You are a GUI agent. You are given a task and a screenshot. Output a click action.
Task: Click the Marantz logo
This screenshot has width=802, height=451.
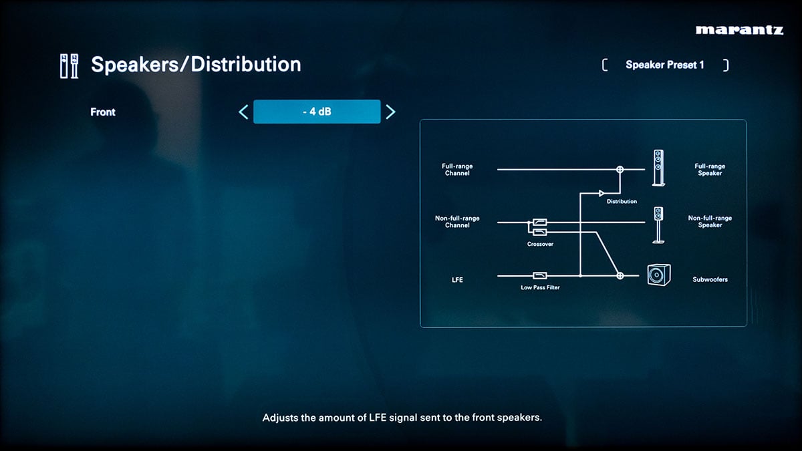coord(739,30)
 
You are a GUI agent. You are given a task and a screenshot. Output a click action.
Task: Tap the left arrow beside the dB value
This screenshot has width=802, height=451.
coord(243,112)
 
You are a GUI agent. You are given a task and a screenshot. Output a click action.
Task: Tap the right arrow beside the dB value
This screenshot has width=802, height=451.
coord(390,112)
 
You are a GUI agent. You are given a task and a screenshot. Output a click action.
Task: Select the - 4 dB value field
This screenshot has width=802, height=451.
coord(317,112)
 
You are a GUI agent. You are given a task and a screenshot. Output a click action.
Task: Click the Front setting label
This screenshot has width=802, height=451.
coord(103,112)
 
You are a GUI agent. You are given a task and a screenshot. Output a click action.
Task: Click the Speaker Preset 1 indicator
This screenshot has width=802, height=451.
coord(665,65)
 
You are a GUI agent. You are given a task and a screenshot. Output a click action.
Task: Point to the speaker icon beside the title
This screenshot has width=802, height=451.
coord(69,66)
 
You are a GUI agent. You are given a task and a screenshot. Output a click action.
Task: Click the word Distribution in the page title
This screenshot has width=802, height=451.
coord(246,64)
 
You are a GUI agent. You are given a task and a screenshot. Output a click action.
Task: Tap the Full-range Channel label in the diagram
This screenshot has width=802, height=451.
coord(457,170)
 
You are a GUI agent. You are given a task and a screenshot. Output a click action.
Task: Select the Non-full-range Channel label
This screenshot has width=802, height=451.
coord(457,222)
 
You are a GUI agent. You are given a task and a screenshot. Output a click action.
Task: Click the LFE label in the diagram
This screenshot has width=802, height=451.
coord(457,279)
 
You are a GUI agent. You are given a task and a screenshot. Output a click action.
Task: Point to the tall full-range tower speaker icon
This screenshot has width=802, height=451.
coord(658,168)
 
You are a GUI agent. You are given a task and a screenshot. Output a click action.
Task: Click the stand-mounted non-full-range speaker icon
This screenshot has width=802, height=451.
coord(658,225)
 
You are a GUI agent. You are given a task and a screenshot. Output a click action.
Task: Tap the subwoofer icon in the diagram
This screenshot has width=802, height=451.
coord(659,275)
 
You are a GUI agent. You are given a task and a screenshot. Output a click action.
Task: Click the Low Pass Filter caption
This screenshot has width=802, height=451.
coord(540,287)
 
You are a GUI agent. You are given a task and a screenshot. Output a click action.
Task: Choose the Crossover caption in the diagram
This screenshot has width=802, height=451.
coord(540,244)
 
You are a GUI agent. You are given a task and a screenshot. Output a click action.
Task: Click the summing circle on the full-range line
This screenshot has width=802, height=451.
coord(620,169)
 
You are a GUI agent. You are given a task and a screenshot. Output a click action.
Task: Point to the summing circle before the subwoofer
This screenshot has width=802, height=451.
coord(620,275)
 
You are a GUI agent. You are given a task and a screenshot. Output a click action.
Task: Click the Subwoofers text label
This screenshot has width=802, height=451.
coord(710,279)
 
